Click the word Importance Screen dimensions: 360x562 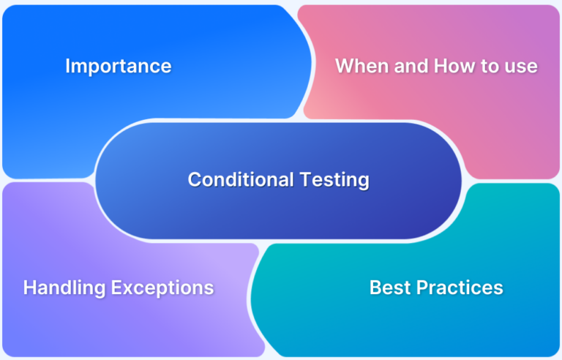click(x=118, y=66)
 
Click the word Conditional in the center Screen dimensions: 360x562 click(x=234, y=179)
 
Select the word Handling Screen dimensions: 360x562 click(x=64, y=288)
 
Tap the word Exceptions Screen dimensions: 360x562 click(x=162, y=288)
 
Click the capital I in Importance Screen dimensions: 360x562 click(x=67, y=66)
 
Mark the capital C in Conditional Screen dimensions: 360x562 click(x=194, y=179)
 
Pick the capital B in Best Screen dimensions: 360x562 click(x=375, y=288)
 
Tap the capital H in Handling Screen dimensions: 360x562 click(x=29, y=288)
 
